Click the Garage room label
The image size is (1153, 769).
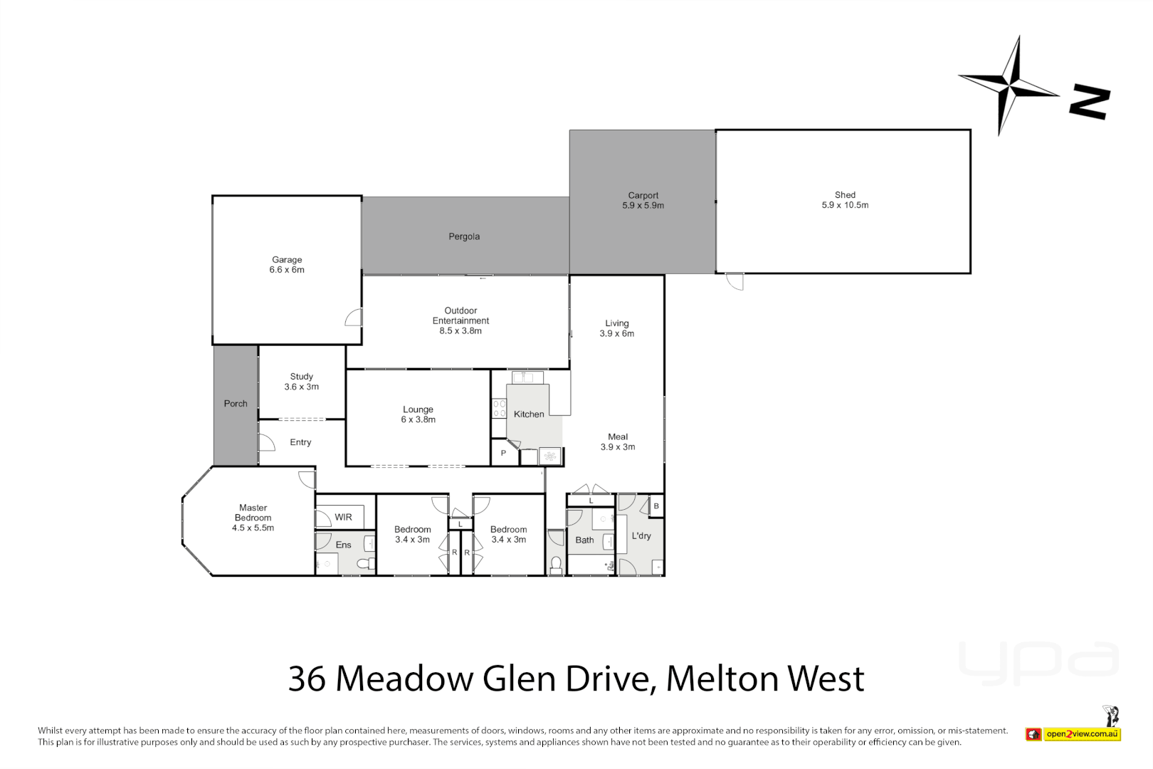(287, 260)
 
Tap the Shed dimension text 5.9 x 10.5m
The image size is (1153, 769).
(845, 205)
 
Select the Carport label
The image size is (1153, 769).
(643, 195)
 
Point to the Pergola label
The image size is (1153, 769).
(464, 236)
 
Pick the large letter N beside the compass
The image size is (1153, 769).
(1090, 102)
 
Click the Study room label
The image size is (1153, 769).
(301, 377)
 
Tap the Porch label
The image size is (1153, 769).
(236, 404)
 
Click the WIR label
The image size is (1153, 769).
(343, 518)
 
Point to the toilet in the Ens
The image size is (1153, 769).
(366, 564)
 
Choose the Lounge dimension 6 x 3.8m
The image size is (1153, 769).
(418, 420)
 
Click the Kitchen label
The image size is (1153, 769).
(529, 414)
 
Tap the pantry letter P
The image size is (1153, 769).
(503, 453)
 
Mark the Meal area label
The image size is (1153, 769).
(618, 437)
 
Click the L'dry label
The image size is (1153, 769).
(641, 536)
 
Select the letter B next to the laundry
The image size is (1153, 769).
(656, 506)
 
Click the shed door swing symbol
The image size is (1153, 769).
(735, 282)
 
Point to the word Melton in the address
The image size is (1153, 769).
(722, 679)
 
